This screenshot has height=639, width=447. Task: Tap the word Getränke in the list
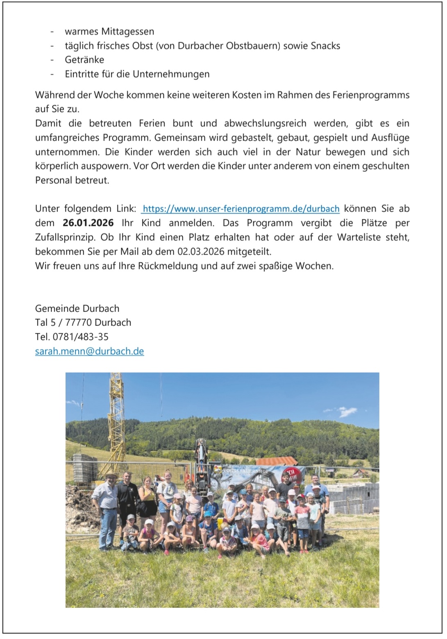pos(84,60)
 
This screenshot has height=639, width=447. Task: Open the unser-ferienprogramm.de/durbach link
pos(241,209)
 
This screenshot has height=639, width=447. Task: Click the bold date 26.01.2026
pos(88,223)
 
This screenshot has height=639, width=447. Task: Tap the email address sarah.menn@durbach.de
pos(89,351)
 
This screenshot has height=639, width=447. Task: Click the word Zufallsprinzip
pos(63,237)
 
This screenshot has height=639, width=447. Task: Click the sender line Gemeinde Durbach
pos(77,308)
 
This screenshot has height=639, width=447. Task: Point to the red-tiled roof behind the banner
pos(276,461)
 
